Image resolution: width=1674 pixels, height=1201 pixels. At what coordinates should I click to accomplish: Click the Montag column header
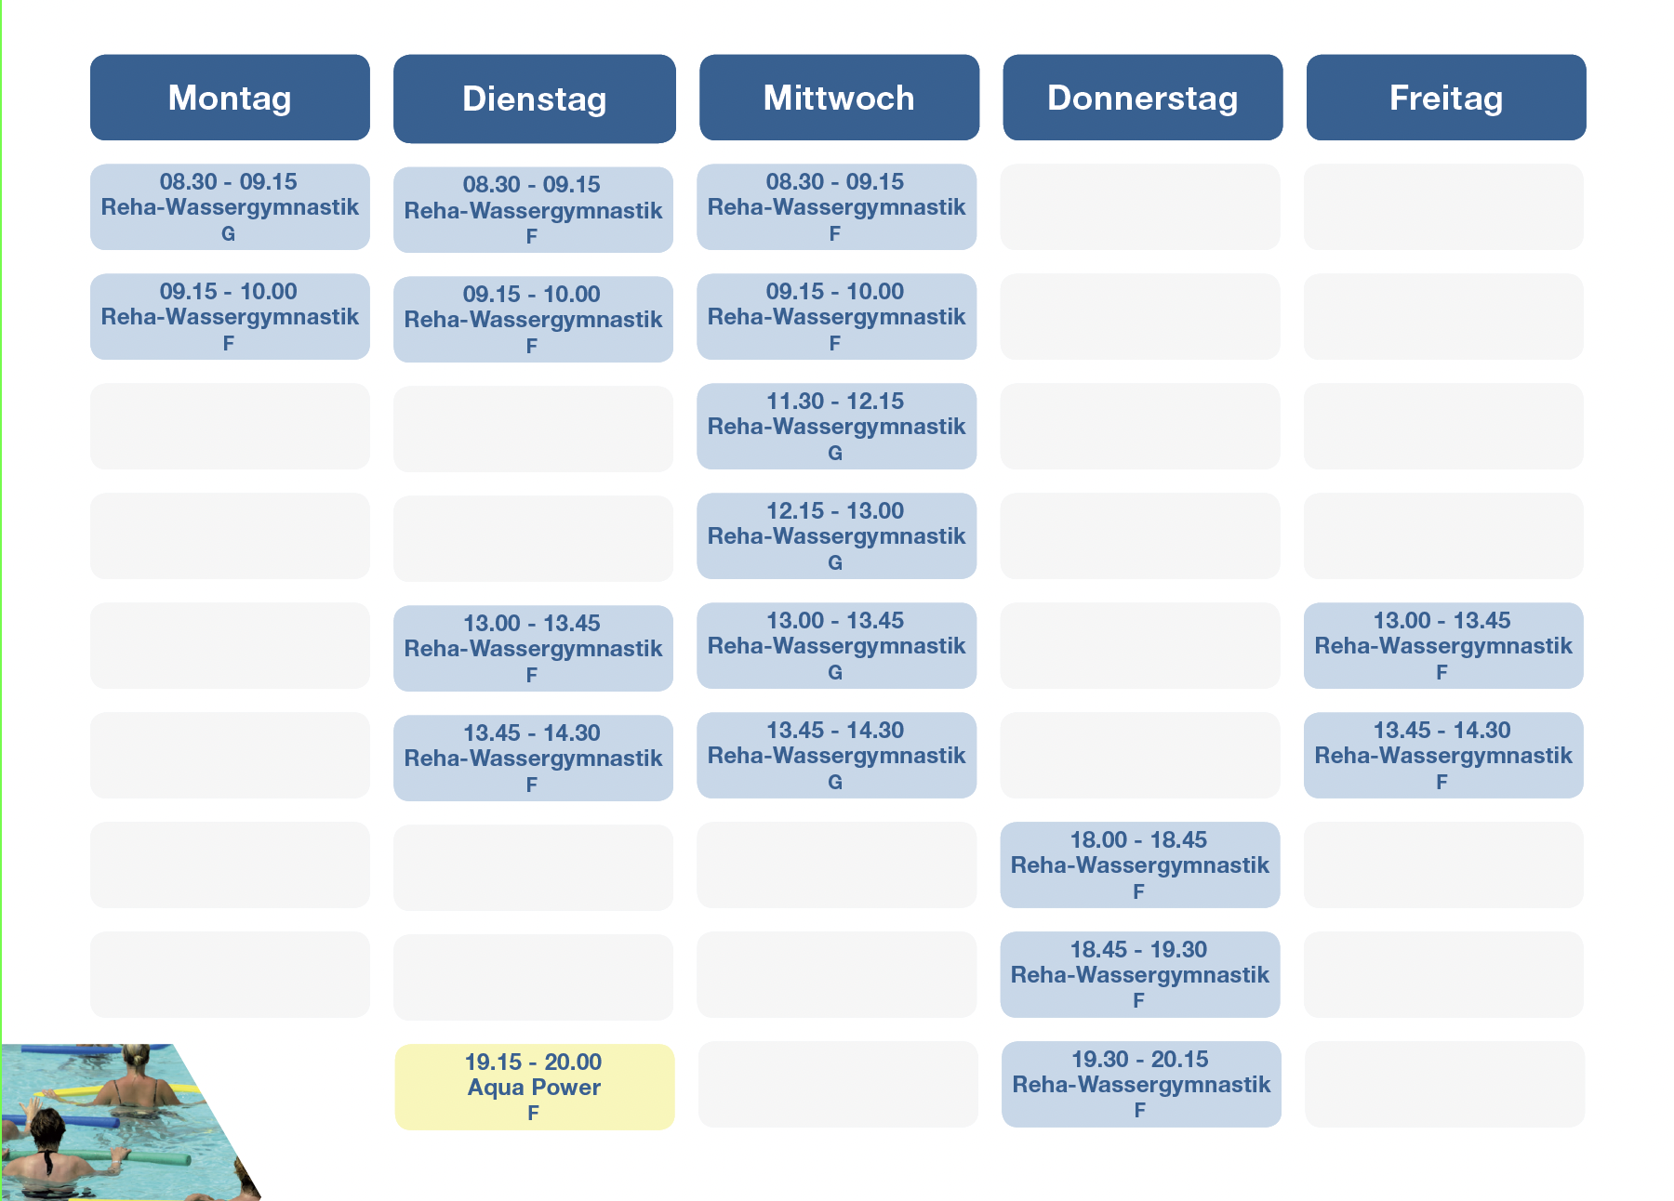(230, 98)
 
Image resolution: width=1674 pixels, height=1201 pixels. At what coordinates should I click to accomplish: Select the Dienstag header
(535, 99)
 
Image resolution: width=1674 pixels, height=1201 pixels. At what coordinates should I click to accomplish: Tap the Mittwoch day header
(839, 98)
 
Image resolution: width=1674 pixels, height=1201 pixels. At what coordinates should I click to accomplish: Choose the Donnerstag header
(1143, 98)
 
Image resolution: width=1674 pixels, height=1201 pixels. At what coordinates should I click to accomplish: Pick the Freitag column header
(1446, 98)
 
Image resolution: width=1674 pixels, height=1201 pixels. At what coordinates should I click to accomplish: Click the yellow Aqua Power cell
(535, 1087)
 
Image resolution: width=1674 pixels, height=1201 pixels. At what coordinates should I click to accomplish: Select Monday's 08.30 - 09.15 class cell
(230, 206)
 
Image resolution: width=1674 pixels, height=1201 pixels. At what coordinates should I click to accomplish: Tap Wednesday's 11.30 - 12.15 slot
(837, 426)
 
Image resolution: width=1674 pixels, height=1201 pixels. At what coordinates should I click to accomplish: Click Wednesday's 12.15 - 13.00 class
(837, 535)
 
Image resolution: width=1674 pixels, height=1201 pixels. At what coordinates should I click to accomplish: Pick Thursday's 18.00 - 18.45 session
(1140, 864)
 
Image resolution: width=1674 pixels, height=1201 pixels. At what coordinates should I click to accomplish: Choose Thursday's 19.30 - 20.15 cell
(1141, 1084)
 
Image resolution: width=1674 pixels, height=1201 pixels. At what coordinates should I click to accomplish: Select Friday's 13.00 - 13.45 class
(1443, 645)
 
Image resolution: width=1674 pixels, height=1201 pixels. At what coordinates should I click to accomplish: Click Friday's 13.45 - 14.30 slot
(1443, 755)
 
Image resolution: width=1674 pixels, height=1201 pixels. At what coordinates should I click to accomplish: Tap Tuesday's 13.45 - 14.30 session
(533, 758)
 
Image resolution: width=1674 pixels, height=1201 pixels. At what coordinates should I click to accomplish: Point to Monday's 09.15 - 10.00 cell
(230, 316)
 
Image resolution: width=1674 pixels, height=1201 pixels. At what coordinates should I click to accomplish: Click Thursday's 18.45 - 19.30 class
(1140, 974)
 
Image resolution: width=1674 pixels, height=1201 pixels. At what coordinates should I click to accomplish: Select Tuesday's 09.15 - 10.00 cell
(533, 319)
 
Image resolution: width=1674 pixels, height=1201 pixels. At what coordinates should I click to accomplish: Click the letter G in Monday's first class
(228, 234)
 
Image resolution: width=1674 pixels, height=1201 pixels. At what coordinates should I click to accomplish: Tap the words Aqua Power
(534, 1087)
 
